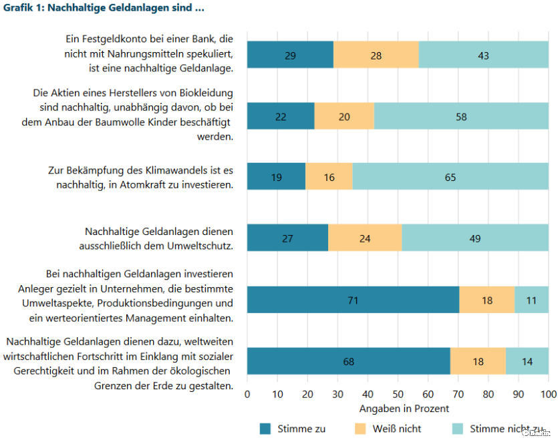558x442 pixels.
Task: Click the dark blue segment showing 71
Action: coord(353,300)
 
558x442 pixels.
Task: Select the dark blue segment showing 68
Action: coord(348,361)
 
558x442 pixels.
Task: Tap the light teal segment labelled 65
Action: coord(450,177)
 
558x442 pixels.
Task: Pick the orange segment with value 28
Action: coord(376,55)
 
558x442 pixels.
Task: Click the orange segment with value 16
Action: coord(329,177)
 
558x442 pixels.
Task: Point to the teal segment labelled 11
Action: coord(531,300)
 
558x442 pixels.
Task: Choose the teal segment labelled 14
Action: coord(527,361)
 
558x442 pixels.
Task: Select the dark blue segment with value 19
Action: coord(276,177)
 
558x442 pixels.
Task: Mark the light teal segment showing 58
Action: coord(461,116)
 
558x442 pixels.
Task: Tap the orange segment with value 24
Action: coord(365,238)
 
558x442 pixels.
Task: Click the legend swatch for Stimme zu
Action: coord(265,429)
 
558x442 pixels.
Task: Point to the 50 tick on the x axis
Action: coord(398,395)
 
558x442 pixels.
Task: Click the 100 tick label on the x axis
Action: coord(548,395)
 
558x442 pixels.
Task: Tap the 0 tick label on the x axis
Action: coord(247,395)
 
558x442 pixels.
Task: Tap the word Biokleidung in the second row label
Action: coord(201,93)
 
